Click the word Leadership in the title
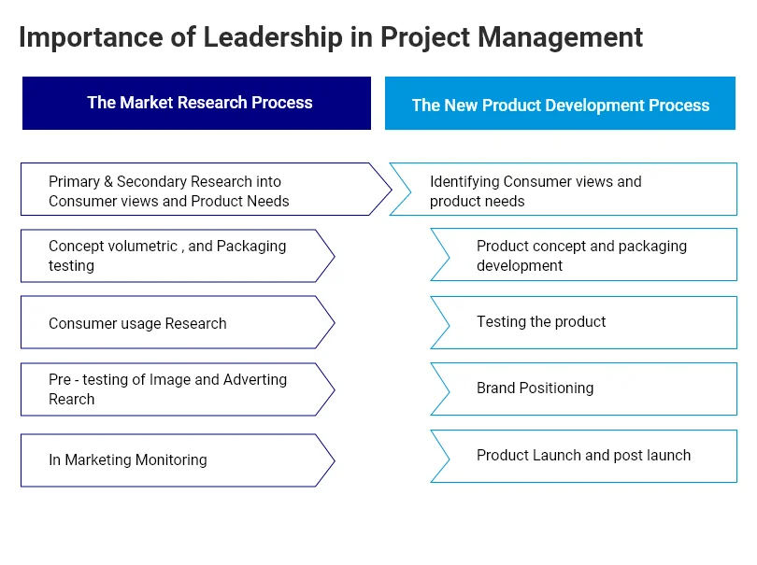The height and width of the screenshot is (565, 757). pyautogui.click(x=273, y=37)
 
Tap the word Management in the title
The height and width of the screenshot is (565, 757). pyautogui.click(x=560, y=37)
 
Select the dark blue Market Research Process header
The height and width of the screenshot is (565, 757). pyautogui.click(x=196, y=103)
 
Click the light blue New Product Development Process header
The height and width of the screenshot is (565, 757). pyautogui.click(x=560, y=103)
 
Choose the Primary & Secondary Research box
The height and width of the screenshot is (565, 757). pyautogui.click(x=206, y=190)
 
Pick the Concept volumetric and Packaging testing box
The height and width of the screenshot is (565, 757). pyautogui.click(x=178, y=256)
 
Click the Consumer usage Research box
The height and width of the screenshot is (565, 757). pyautogui.click(x=178, y=322)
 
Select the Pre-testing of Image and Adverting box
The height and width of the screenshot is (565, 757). pyautogui.click(x=178, y=389)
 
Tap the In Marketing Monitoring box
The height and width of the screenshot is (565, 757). pyautogui.click(x=178, y=460)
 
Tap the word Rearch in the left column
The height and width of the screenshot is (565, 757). pyautogui.click(x=71, y=400)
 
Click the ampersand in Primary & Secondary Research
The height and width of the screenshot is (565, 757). pyautogui.click(x=108, y=181)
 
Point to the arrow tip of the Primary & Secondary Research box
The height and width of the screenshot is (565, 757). pyautogui.click(x=392, y=190)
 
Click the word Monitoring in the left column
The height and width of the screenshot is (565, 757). pyautogui.click(x=171, y=460)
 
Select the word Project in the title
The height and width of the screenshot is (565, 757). pyautogui.click(x=425, y=38)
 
